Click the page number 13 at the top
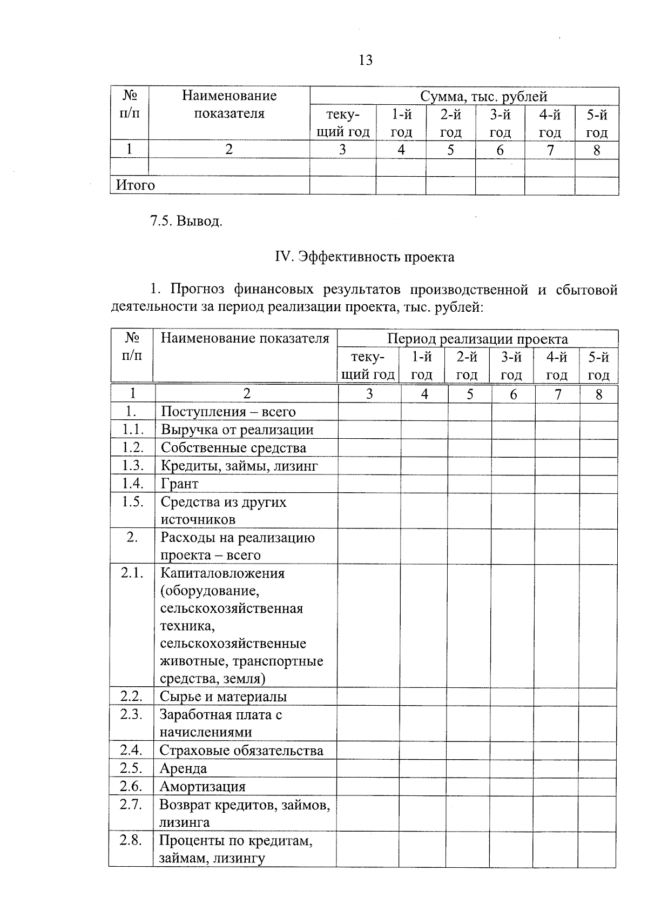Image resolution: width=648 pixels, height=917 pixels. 366,60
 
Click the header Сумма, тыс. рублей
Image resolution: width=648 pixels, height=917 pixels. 483,97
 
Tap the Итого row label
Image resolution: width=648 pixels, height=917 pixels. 136,185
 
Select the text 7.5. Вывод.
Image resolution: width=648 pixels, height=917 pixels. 186,221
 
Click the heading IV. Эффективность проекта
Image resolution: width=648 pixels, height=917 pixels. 364,257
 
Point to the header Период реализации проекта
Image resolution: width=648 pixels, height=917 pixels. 477,339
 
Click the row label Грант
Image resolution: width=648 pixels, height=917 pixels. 180,484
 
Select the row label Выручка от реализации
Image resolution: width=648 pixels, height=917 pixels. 237,430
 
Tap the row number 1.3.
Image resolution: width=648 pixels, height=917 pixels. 132,465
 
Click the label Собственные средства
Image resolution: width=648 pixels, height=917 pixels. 233,448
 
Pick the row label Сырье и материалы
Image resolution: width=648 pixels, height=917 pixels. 223,697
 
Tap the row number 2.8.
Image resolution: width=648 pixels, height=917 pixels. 131,840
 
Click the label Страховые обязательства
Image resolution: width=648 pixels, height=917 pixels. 241,751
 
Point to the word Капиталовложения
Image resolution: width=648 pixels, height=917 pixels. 222,573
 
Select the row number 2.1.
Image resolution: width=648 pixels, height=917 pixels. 132,573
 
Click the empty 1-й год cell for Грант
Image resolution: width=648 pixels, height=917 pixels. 424,484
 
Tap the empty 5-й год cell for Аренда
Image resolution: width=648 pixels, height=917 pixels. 598,768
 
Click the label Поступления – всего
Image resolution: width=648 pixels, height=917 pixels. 228,412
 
